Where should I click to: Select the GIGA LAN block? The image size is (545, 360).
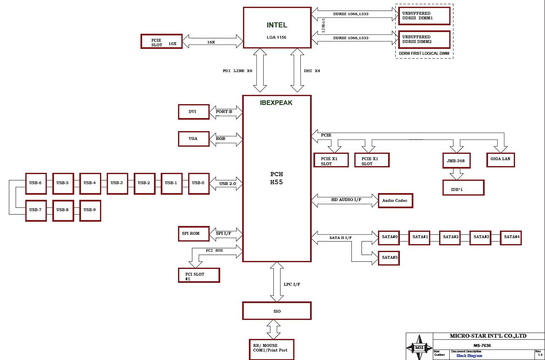point(500,159)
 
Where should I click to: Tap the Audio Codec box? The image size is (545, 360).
point(395,201)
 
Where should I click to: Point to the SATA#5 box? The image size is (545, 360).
point(389,257)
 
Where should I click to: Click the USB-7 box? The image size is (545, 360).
point(36,210)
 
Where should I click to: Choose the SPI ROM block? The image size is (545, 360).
point(194,234)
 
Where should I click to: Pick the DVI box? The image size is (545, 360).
point(194,112)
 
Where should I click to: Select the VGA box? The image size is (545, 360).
point(194,139)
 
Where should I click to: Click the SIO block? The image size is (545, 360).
point(277,311)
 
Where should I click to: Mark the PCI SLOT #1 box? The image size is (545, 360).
point(199,276)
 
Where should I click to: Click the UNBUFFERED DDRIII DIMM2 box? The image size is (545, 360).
point(424,40)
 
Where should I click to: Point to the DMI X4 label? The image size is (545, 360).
point(312,71)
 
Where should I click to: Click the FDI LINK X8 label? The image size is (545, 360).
point(237,71)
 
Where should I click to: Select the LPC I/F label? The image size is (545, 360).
point(292,284)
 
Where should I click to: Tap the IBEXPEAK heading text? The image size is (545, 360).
point(276,102)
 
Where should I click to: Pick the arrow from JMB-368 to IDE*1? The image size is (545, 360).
point(456,174)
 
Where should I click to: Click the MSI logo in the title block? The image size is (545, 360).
point(419,347)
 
